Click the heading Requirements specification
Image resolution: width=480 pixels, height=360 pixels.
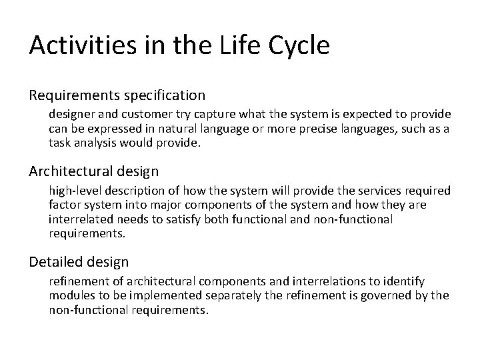117,95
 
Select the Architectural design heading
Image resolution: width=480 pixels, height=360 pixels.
93,171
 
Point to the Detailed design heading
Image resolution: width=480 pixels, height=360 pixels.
79,262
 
